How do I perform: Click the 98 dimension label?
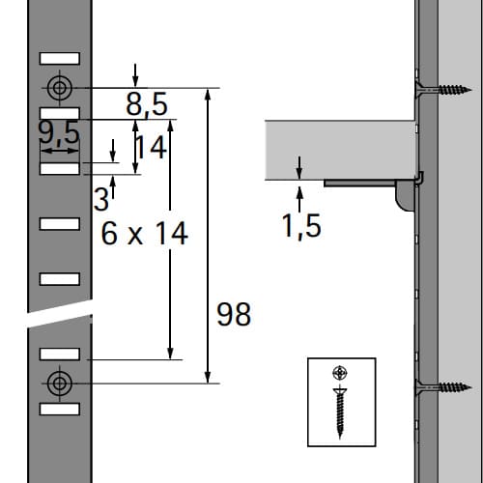coord(234,314)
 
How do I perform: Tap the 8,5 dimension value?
coord(147,104)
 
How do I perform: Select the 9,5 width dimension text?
coord(59,132)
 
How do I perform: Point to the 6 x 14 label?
coord(145,233)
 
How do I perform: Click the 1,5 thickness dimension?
coord(301,226)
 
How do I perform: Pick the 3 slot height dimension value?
coord(101,200)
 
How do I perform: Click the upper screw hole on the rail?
coord(60,88)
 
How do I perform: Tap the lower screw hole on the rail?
coord(60,384)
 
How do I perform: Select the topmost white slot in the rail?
coord(60,59)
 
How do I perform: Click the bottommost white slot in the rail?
coord(60,409)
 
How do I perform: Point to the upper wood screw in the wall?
coord(443,90)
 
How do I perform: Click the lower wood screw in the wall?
coord(443,387)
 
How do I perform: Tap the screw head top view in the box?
coord(340,373)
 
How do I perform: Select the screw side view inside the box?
coord(340,413)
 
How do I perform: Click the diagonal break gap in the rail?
coord(60,314)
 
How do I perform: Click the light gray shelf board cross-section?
coord(340,150)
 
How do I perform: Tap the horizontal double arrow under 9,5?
coord(60,151)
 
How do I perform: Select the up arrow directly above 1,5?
coord(299,199)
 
